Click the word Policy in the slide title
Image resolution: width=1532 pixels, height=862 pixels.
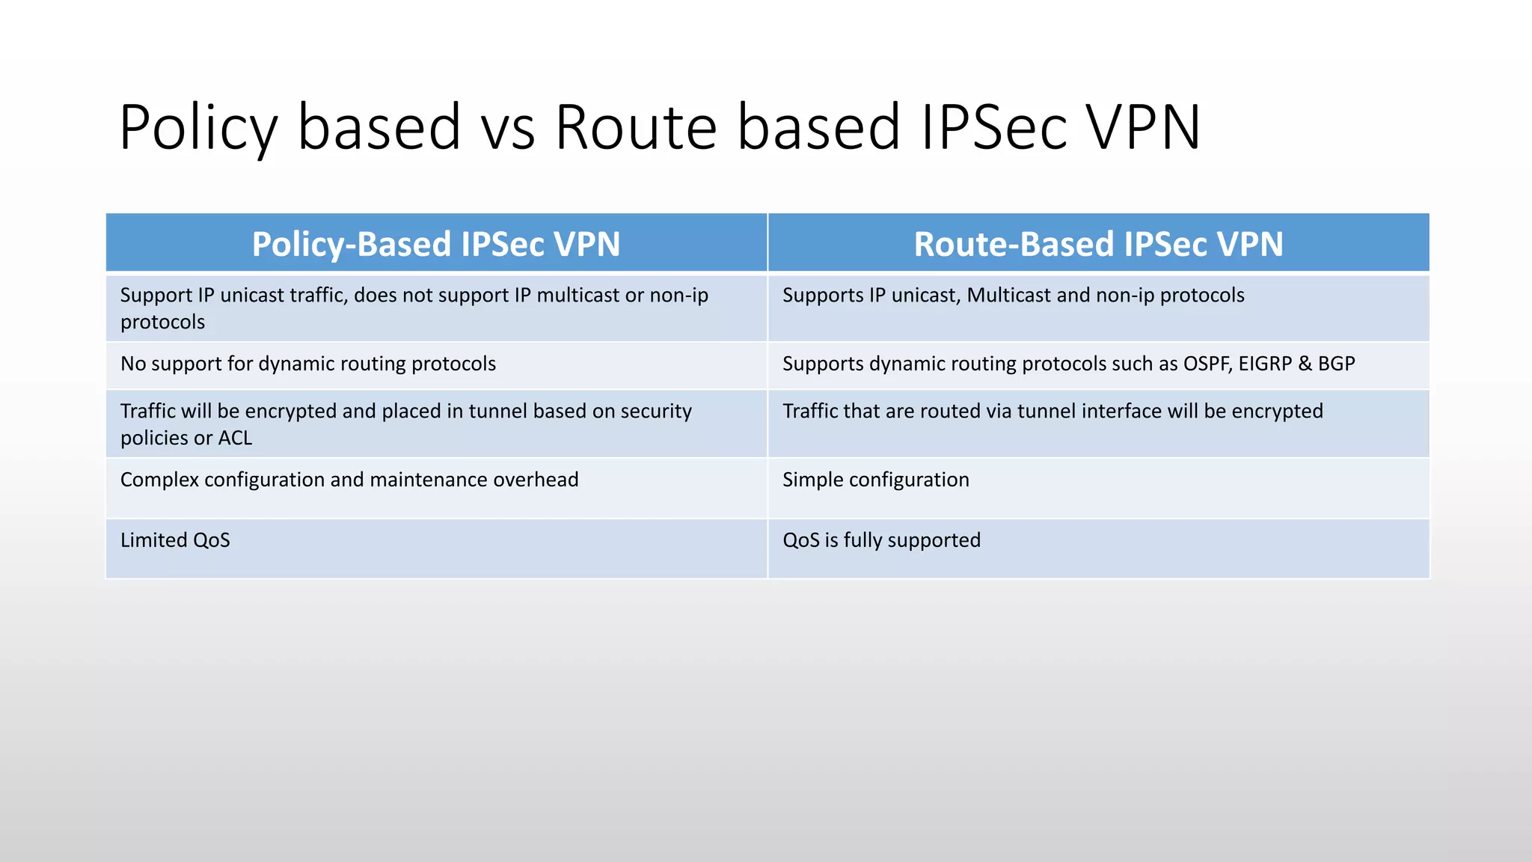click(x=198, y=127)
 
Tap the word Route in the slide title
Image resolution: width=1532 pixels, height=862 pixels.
click(x=637, y=127)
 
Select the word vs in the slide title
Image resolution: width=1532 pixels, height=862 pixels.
click(x=508, y=127)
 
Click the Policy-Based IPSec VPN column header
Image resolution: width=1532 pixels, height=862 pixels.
click(x=436, y=244)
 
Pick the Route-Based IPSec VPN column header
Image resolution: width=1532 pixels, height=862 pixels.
click(x=1098, y=244)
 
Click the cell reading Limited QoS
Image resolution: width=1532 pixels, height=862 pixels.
click(x=175, y=540)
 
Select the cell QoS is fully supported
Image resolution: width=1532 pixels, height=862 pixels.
click(x=881, y=540)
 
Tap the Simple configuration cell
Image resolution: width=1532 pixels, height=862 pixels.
click(x=875, y=480)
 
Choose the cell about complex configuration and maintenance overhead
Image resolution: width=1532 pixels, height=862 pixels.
click(x=349, y=480)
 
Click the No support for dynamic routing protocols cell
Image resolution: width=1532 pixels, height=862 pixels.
click(x=308, y=364)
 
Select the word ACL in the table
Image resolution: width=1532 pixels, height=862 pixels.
click(x=235, y=438)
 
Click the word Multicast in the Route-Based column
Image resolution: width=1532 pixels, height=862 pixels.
click(x=1009, y=295)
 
